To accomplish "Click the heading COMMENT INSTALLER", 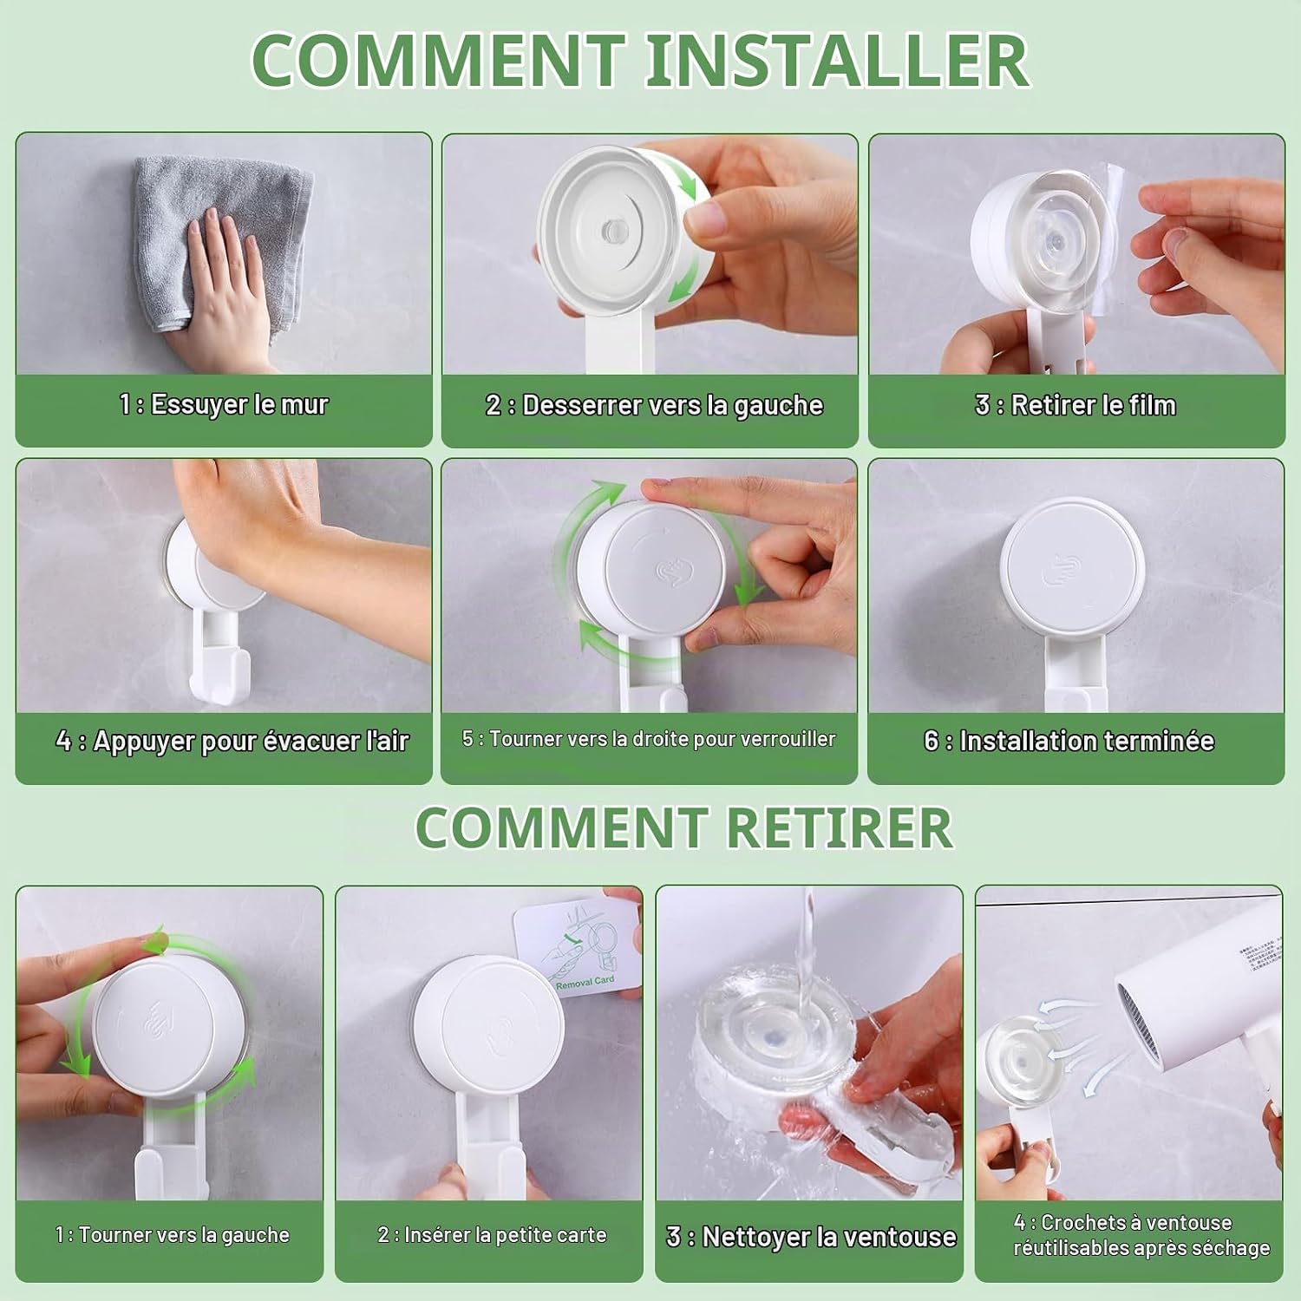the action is point(640,60).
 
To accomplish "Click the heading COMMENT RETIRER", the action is point(684,827).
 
